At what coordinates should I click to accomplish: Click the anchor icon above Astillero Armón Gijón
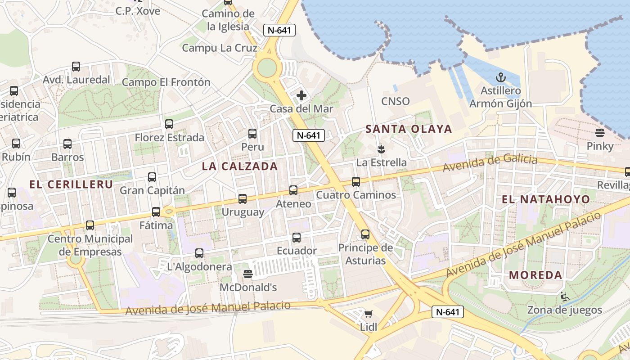point(500,78)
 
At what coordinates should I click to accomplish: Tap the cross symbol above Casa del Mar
point(301,95)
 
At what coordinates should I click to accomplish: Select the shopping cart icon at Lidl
point(369,314)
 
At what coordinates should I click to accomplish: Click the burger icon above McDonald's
point(247,274)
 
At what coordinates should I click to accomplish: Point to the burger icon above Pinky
point(599,133)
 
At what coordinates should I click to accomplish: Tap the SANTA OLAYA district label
point(408,129)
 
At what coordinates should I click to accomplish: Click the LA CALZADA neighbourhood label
point(239,166)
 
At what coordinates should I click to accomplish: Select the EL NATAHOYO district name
point(545,199)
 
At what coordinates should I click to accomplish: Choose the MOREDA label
point(535,275)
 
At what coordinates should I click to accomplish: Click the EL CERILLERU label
point(71,184)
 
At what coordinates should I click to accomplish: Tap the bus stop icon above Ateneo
point(293,190)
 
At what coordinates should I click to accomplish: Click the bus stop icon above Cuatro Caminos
point(356,182)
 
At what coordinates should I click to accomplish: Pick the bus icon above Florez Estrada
point(169,124)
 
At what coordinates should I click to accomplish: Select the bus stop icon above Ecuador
point(297,238)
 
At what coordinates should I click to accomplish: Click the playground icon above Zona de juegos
point(564,297)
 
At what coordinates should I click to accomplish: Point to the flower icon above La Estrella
point(381,148)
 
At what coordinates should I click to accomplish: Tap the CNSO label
point(395,101)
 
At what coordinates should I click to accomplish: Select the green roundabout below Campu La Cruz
point(267,68)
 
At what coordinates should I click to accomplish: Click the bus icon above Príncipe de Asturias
point(365,234)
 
